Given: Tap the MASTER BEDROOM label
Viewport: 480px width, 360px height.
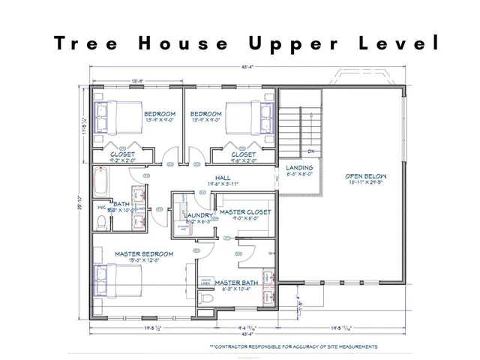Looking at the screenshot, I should point(144,254).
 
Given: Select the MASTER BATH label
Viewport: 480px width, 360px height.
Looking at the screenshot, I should point(236,283).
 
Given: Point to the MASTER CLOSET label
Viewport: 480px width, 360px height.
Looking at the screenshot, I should point(244,212).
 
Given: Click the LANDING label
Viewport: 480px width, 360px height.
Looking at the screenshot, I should point(299,168).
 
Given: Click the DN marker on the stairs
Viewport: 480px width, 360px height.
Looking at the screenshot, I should point(310,152).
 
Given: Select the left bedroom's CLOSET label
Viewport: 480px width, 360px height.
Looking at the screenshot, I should point(122,154).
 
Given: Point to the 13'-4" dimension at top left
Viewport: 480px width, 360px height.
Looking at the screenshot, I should point(138,81).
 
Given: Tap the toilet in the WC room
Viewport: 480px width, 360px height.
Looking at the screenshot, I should point(102,221).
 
